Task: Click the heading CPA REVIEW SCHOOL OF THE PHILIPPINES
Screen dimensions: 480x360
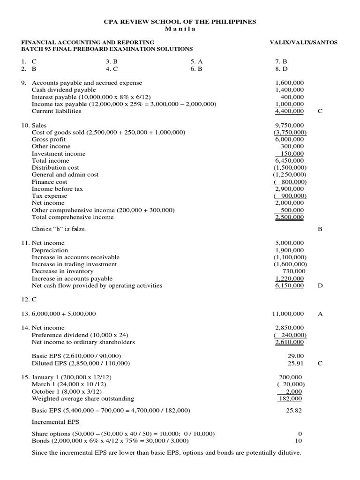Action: (x=180, y=22)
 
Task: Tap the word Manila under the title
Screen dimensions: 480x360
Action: (x=180, y=29)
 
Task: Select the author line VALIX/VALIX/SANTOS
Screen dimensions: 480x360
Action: (x=303, y=42)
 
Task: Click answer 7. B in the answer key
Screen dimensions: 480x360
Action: (x=281, y=61)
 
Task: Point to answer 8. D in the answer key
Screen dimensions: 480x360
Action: (x=281, y=68)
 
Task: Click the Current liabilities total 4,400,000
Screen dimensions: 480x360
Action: (x=289, y=111)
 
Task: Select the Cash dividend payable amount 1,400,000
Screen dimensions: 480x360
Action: (x=289, y=90)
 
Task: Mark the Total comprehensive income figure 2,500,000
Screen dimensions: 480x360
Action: (x=289, y=217)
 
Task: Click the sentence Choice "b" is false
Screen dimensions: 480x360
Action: (x=59, y=229)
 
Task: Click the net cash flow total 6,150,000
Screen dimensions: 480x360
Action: (x=289, y=285)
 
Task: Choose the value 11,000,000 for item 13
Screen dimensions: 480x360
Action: (x=288, y=314)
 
